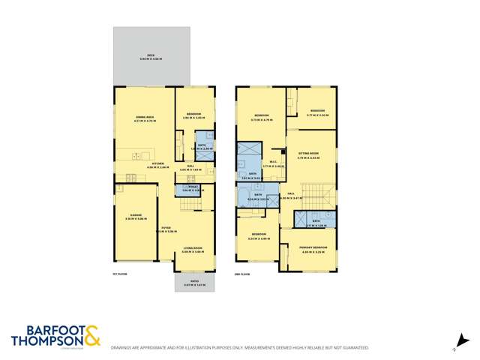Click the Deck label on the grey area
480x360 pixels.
pyautogui.click(x=151, y=55)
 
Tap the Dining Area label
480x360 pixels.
pyautogui.click(x=145, y=117)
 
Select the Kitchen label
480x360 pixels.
pyautogui.click(x=158, y=163)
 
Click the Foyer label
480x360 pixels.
pyautogui.click(x=165, y=228)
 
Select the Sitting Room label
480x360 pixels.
pyautogui.click(x=308, y=155)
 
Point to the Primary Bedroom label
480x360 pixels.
pyautogui.click(x=309, y=249)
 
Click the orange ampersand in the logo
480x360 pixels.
pyautogui.click(x=92, y=334)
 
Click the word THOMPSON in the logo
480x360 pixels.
pyautogui.click(x=47, y=340)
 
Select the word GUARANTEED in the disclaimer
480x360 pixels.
pyautogui.click(x=356, y=348)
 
